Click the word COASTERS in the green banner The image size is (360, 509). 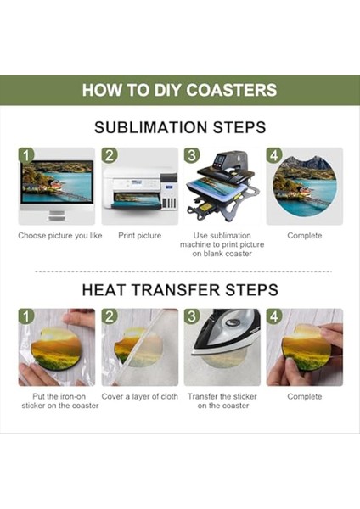point(231,90)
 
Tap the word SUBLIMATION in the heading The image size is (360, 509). point(151,127)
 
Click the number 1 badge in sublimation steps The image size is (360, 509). point(26,155)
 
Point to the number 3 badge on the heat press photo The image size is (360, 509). point(192,155)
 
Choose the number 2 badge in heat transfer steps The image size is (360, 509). point(110,316)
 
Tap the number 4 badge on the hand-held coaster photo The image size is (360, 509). point(273,316)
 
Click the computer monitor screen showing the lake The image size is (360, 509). point(57,182)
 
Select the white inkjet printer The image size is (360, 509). point(140,189)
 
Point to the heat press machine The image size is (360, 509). point(223,187)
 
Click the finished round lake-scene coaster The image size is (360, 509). point(305,186)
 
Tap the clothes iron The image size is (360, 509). point(226,332)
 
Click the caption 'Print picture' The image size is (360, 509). point(140,236)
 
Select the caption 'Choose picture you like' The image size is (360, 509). point(60,236)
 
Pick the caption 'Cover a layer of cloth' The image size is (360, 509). point(140,396)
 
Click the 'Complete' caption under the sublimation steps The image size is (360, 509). point(305,236)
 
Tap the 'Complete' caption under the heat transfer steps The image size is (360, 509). point(305,396)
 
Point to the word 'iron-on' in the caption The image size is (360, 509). point(72,396)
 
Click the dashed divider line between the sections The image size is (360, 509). point(183,271)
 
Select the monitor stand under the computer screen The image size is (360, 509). point(57,215)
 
